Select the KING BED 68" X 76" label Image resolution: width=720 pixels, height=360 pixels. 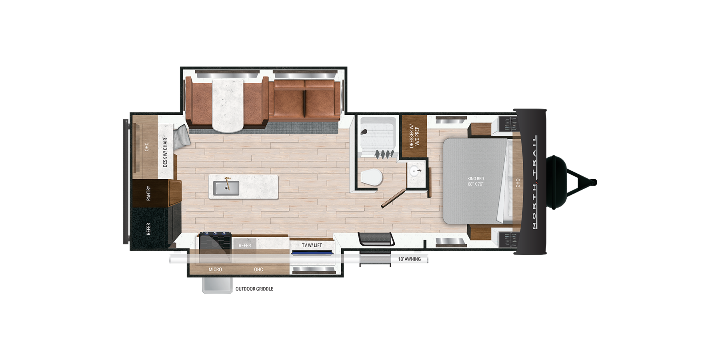(476, 181)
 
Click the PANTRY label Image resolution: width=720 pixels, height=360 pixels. (148, 193)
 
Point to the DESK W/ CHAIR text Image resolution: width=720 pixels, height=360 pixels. (165, 152)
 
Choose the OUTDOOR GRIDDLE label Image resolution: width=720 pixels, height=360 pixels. (254, 289)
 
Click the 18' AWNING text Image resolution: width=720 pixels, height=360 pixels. (409, 259)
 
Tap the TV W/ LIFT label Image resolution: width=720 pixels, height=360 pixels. (312, 245)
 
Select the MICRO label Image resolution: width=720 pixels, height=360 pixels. (215, 270)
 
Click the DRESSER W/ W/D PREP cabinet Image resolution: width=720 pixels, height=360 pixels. (414, 136)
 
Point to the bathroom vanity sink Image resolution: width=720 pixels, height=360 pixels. (415, 171)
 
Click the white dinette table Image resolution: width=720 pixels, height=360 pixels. (228, 105)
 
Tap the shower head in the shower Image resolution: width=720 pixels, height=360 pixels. (364, 132)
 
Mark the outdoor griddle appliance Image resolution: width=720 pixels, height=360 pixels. (217, 285)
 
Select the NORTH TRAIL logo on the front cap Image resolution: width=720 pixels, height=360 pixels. (535, 182)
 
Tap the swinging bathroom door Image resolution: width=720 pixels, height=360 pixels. (394, 198)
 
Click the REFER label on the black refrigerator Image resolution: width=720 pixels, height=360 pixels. (148, 229)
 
